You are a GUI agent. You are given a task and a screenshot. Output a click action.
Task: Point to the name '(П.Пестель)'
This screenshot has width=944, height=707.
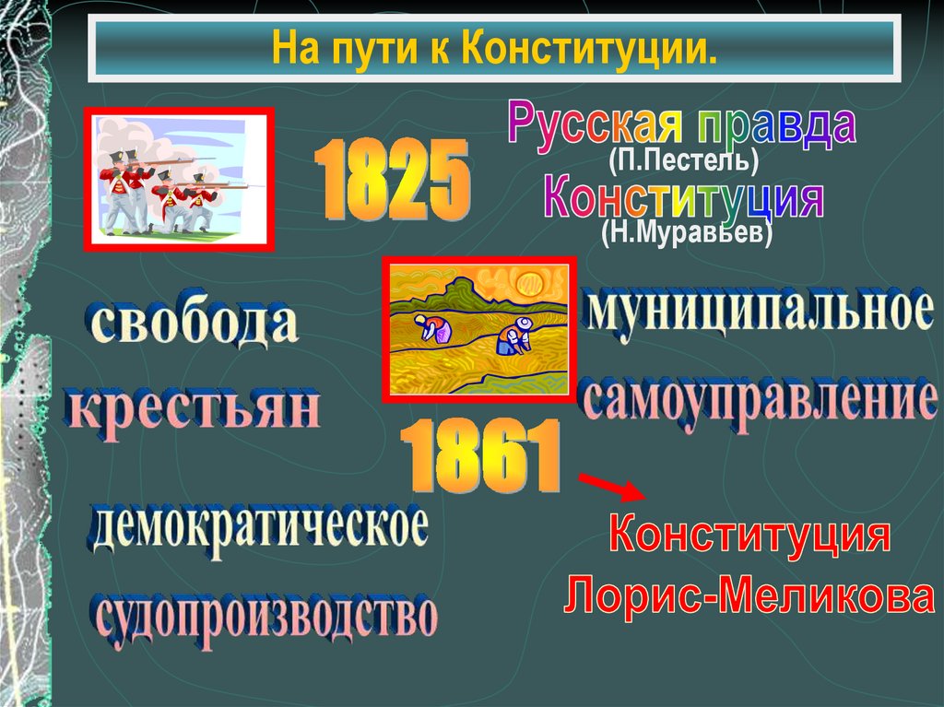683,163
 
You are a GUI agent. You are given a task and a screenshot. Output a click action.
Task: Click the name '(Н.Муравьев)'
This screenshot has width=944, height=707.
686,235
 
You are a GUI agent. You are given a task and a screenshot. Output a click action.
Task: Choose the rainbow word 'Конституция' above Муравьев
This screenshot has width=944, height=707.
682,200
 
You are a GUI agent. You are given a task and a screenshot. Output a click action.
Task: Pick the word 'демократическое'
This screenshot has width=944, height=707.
260,530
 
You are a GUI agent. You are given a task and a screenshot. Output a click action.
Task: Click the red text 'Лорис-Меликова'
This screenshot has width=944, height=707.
749,597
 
